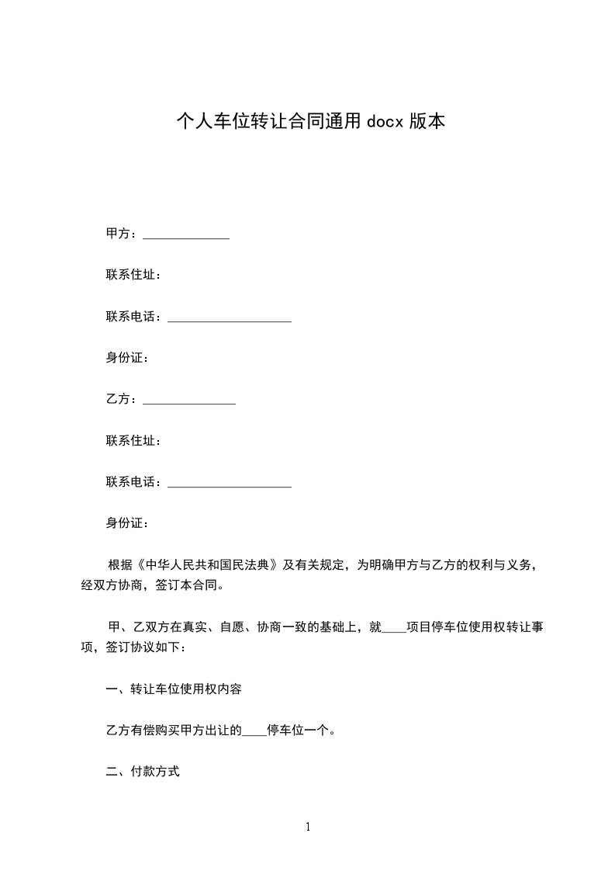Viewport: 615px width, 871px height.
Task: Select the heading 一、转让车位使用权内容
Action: (178, 689)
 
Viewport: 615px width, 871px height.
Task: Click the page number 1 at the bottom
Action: (308, 827)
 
